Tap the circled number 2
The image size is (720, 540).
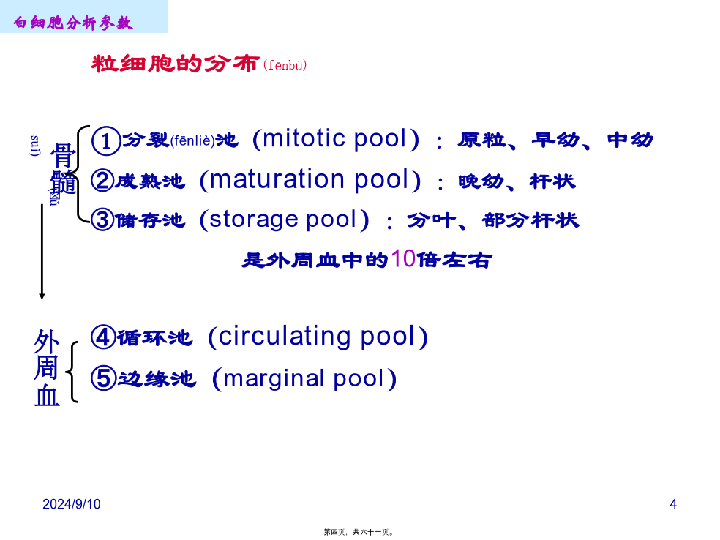coord(102,181)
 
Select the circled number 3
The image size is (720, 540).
coord(102,220)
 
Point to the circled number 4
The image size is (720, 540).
coord(102,337)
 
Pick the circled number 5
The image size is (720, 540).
coord(103,378)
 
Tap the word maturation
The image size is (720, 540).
coord(277,179)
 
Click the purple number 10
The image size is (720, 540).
coord(404,259)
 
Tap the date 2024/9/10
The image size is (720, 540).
coord(72,504)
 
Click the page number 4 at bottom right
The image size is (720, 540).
coord(673,504)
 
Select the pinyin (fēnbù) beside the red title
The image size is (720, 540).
coord(285,64)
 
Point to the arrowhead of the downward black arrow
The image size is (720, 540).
coord(42,296)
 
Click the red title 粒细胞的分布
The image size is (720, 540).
coord(176,64)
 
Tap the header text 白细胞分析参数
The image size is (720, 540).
coord(73,22)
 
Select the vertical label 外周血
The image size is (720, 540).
coord(47,368)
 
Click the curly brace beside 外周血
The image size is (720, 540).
coord(72,372)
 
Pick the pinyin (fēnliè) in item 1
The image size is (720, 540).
coord(193,140)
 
